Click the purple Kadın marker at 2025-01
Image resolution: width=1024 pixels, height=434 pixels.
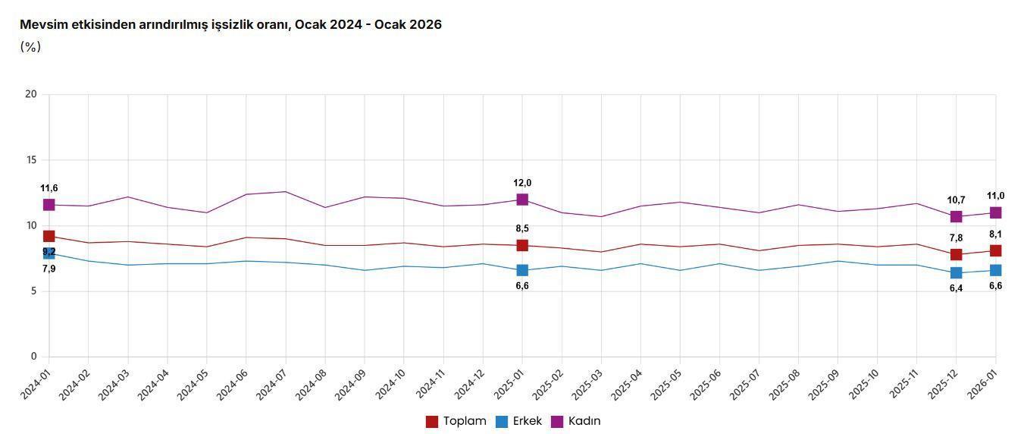pyautogui.click(x=522, y=200)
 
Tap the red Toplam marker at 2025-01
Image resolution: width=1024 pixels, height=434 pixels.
pyautogui.click(x=522, y=245)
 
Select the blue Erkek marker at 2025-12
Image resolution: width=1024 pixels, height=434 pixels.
pyautogui.click(x=956, y=272)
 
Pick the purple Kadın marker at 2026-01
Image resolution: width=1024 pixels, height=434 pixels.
pyautogui.click(x=995, y=212)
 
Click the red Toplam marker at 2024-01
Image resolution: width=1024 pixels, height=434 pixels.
pyautogui.click(x=49, y=236)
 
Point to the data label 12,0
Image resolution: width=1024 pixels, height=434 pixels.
pyautogui.click(x=522, y=183)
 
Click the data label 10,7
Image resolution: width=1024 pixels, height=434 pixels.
pyautogui.click(x=956, y=200)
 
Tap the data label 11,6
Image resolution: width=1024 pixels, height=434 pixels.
pyautogui.click(x=49, y=188)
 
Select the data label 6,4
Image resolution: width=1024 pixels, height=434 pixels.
pyautogui.click(x=956, y=288)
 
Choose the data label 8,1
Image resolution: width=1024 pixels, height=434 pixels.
pyautogui.click(x=995, y=234)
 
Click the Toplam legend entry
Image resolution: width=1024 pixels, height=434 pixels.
pyautogui.click(x=456, y=421)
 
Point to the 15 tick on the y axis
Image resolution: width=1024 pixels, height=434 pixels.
pyautogui.click(x=31, y=160)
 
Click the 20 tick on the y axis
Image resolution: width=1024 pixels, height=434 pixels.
pyautogui.click(x=31, y=94)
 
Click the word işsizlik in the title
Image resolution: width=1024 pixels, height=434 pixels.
pyautogui.click(x=224, y=24)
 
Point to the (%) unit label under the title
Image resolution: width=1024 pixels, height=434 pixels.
pyautogui.click(x=30, y=47)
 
